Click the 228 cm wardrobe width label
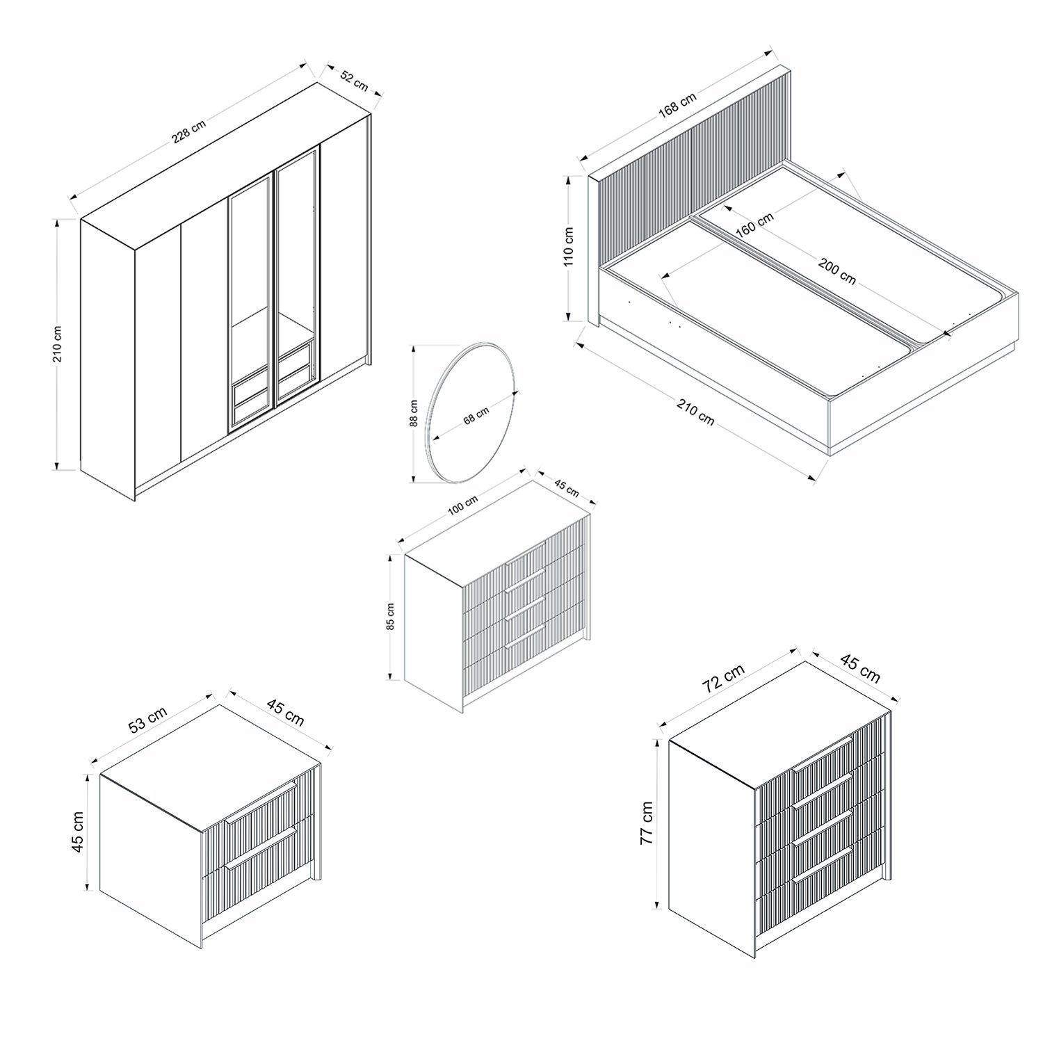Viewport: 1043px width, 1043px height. (189, 132)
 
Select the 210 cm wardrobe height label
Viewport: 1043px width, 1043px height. (58, 343)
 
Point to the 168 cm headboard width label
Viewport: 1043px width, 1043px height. (677, 106)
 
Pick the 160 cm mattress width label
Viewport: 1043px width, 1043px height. (754, 225)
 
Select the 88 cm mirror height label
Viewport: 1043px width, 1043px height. (414, 413)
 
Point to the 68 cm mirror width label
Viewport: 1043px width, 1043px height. (476, 415)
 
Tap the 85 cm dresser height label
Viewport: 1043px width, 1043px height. (391, 616)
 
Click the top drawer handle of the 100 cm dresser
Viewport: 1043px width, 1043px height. (525, 581)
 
